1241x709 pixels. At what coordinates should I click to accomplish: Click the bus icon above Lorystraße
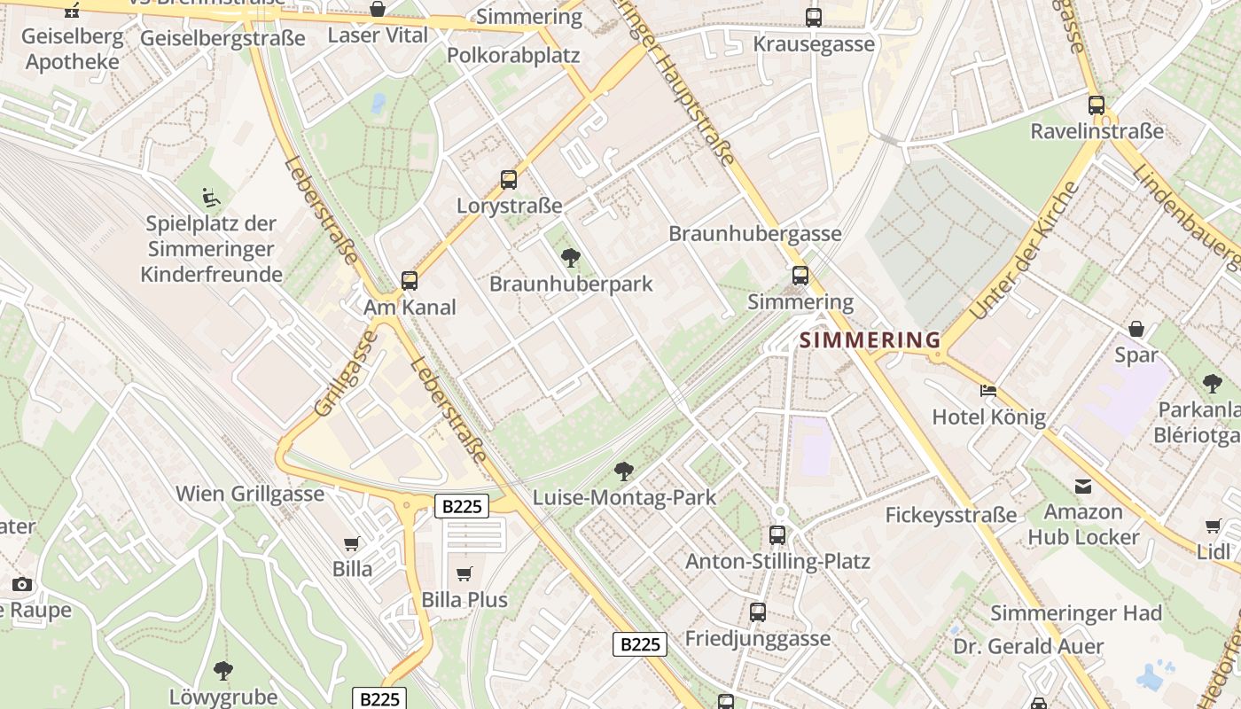(509, 180)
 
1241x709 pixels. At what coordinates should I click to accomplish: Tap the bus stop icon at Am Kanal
(410, 281)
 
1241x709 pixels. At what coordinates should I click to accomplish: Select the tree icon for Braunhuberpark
(571, 258)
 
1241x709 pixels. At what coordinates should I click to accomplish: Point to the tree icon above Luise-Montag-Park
(624, 471)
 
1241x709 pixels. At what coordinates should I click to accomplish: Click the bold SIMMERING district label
(870, 340)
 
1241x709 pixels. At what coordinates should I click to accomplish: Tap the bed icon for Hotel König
(988, 391)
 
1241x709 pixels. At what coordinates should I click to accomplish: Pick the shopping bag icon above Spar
(1136, 329)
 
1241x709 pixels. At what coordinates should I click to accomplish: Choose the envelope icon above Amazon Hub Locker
(1082, 486)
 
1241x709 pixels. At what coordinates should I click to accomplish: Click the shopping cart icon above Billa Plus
(464, 573)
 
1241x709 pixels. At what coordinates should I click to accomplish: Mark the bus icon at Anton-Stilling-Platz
(777, 534)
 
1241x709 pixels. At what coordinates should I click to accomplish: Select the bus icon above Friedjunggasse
(758, 612)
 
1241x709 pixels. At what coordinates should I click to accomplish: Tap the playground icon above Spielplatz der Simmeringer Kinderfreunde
(211, 197)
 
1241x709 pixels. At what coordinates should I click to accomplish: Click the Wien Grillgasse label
(250, 494)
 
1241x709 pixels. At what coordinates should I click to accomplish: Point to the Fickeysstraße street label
(951, 515)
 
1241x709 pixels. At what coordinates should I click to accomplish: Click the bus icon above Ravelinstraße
(1097, 105)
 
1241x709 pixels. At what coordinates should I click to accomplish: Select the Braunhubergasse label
(755, 234)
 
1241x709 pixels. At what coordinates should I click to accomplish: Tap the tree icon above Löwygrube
(223, 671)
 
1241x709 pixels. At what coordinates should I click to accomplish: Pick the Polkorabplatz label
(513, 55)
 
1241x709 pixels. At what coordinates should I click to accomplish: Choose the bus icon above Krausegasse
(813, 18)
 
